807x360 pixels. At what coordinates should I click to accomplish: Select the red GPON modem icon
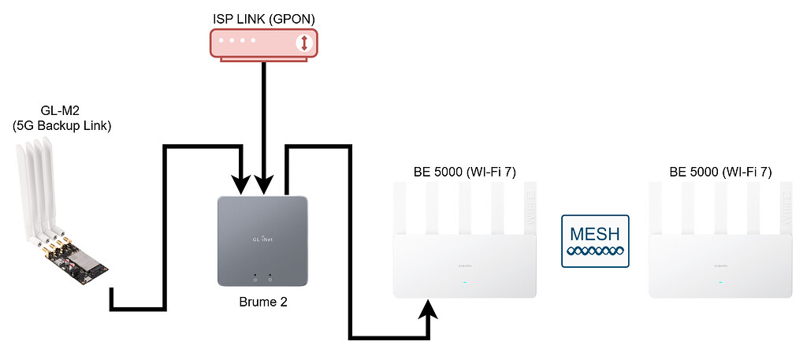[262, 43]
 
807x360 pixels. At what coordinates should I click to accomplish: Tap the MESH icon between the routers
[596, 240]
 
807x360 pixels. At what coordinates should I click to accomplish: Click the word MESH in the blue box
[596, 233]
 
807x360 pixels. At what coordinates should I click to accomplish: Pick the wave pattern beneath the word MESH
[596, 251]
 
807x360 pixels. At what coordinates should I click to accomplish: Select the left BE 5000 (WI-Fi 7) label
[464, 172]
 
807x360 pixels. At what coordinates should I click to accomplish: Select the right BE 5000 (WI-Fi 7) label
[720, 172]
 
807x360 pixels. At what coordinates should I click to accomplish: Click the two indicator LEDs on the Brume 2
[262, 277]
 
